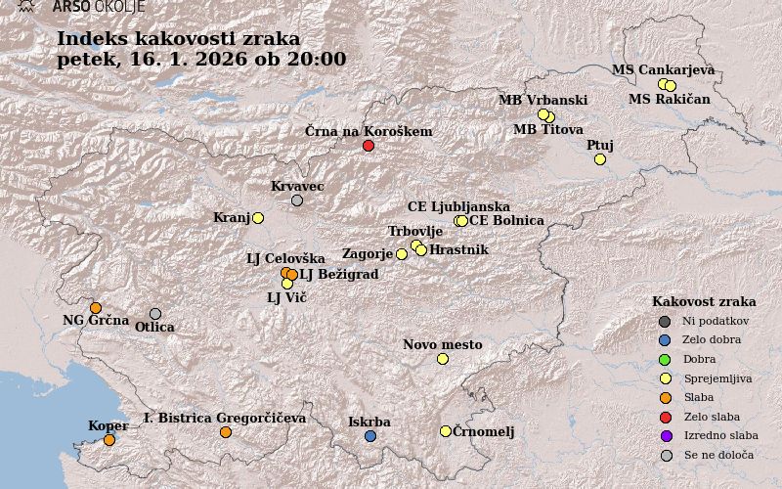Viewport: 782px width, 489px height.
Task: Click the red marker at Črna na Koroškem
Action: coord(369,146)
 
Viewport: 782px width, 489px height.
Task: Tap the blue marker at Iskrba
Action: coord(370,436)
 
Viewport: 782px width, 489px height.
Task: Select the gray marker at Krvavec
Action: coord(297,200)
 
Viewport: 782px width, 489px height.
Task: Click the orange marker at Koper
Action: coord(109,440)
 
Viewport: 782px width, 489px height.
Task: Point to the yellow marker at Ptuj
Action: coord(600,159)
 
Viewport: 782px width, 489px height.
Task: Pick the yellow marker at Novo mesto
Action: coord(443,359)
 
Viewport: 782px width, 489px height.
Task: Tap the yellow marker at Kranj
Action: coord(258,218)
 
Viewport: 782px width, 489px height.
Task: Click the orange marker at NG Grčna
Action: coord(96,308)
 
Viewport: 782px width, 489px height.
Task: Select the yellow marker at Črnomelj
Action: coord(446,431)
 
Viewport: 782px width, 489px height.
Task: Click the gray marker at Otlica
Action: coord(155,314)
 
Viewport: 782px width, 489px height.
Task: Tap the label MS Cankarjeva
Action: coord(663,69)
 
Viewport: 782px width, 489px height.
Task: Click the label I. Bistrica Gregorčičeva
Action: coord(225,418)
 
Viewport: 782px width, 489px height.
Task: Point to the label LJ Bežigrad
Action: coord(338,275)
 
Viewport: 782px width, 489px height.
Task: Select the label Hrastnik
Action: coord(458,250)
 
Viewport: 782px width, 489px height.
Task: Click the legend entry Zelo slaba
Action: coord(711,417)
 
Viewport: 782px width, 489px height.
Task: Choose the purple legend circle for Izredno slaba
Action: coord(666,436)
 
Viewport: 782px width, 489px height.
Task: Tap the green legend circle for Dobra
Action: coord(666,359)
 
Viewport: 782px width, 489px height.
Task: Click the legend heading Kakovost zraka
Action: coord(704,301)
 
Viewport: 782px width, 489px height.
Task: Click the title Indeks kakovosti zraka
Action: coord(179,38)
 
